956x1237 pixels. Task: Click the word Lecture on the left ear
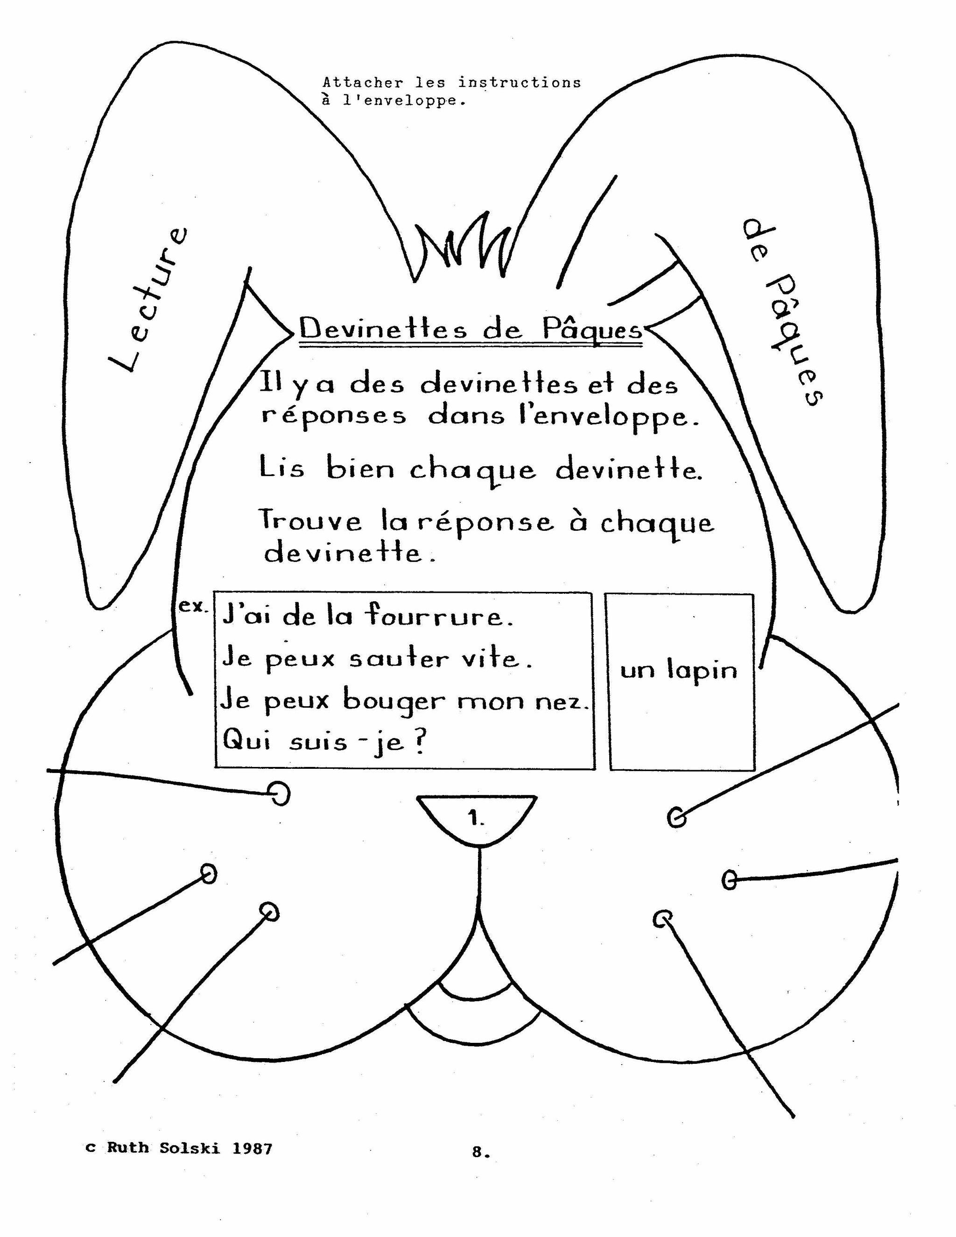click(148, 300)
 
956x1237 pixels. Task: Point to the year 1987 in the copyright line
click(252, 1148)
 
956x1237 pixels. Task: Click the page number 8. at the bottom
click(481, 1152)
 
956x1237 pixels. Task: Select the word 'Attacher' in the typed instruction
click(362, 83)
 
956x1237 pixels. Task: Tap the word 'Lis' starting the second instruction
click(281, 468)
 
